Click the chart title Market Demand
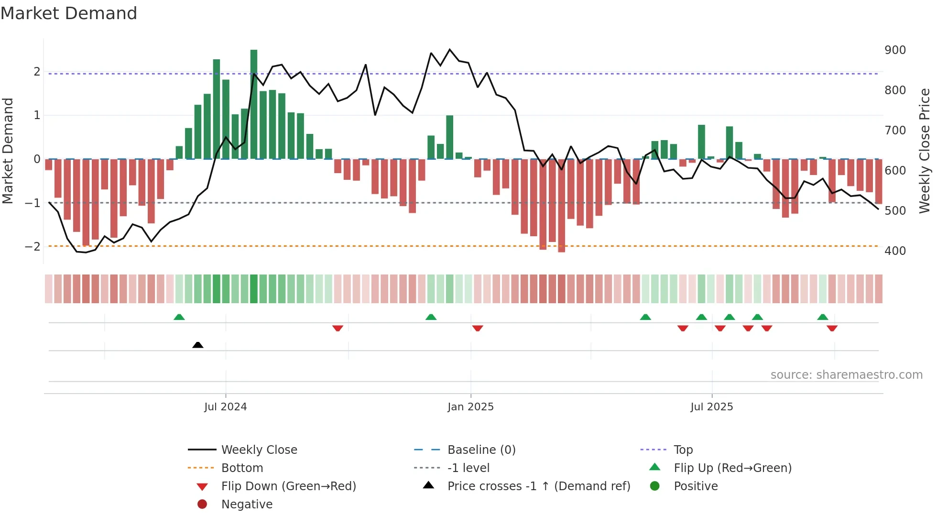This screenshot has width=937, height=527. pyautogui.click(x=69, y=13)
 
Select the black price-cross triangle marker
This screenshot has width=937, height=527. pyautogui.click(x=197, y=345)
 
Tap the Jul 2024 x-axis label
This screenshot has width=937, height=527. pyautogui.click(x=225, y=407)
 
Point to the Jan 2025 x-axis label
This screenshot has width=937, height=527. pyautogui.click(x=470, y=407)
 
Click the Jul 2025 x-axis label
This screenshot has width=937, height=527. pyautogui.click(x=711, y=407)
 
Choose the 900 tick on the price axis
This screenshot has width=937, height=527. pyautogui.click(x=895, y=50)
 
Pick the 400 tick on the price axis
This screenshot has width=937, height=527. pyautogui.click(x=895, y=251)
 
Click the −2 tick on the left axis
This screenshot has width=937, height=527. pyautogui.click(x=33, y=247)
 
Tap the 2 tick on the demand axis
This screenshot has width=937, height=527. pyautogui.click(x=37, y=72)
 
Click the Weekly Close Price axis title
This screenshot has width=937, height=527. pyautogui.click(x=925, y=151)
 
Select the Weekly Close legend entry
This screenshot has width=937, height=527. pyautogui.click(x=259, y=450)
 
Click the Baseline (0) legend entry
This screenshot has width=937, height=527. pyautogui.click(x=481, y=450)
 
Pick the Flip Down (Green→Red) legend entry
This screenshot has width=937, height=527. pyautogui.click(x=288, y=486)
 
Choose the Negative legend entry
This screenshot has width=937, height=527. pyautogui.click(x=247, y=505)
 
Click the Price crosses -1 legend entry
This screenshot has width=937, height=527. pyautogui.click(x=538, y=486)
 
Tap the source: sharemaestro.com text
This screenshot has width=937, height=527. pyautogui.click(x=846, y=375)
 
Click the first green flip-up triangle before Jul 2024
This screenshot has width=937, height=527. pyautogui.click(x=179, y=317)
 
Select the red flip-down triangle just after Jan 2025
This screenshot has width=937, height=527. pyautogui.click(x=478, y=328)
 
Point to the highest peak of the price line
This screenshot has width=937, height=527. pyautogui.click(x=449, y=49)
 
